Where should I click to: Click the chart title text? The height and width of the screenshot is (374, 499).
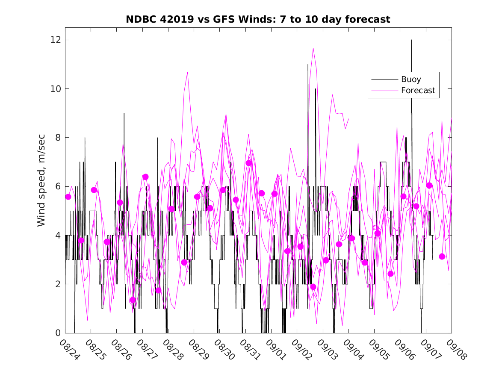[x=258, y=20]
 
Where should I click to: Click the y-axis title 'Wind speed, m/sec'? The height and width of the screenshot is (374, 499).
[x=41, y=186]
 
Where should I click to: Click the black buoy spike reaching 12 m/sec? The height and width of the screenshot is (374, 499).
[x=411, y=41]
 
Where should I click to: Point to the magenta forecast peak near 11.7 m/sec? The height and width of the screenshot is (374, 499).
[x=313, y=48]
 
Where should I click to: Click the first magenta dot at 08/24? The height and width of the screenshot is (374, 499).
[x=68, y=197]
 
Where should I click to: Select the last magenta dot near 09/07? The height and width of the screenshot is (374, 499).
[x=442, y=256]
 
